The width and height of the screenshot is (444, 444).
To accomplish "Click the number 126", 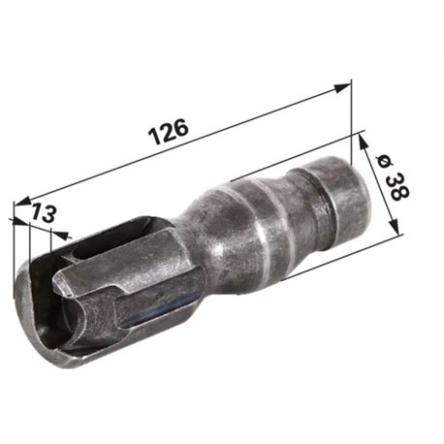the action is click(168, 132).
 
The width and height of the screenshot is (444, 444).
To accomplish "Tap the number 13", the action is click(44, 212).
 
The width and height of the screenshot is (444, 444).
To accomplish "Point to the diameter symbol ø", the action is click(386, 161).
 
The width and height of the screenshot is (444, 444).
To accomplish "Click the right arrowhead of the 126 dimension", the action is click(342, 87).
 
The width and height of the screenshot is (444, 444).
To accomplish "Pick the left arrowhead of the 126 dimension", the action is click(21, 202).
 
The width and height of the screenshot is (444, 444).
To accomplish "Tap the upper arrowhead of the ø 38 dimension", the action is click(363, 142).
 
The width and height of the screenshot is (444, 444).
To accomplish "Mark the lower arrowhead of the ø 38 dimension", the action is click(394, 226).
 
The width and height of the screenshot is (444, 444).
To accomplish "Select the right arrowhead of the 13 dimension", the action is click(60, 235).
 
